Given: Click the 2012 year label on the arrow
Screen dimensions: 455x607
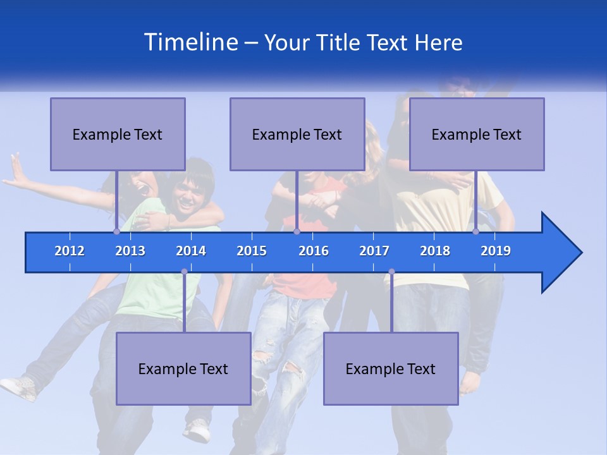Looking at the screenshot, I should tap(70, 251).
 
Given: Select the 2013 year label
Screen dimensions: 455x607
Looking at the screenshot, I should tap(130, 251).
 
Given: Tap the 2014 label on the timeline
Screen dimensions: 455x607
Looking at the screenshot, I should tap(191, 251).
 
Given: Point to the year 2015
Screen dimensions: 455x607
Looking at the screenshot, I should tap(252, 251).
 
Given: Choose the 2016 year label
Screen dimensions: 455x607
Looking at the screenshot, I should tap(314, 251).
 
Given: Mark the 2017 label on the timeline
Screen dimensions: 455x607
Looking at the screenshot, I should tap(374, 251).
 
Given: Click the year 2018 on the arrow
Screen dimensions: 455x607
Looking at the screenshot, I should tap(435, 251).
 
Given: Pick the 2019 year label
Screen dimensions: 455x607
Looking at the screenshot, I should tap(496, 251).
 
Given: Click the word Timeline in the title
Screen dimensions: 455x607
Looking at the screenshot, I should tap(190, 42).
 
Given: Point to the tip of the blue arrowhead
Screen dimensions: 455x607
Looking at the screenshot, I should tap(580, 253).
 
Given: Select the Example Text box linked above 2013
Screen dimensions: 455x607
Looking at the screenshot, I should tap(118, 134).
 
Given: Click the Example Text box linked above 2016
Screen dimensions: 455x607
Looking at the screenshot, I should tap(297, 134).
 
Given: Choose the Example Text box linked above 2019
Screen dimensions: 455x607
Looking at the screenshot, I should tap(477, 134).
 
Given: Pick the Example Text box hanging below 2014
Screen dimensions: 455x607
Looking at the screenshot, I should tap(183, 368).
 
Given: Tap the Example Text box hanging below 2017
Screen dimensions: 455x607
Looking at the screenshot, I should tap(391, 368).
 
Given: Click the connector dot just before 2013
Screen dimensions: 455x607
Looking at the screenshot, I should tap(116, 231).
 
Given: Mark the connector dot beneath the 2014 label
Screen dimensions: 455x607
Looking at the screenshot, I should tap(184, 272).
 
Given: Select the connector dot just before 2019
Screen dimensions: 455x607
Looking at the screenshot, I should tap(475, 231).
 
